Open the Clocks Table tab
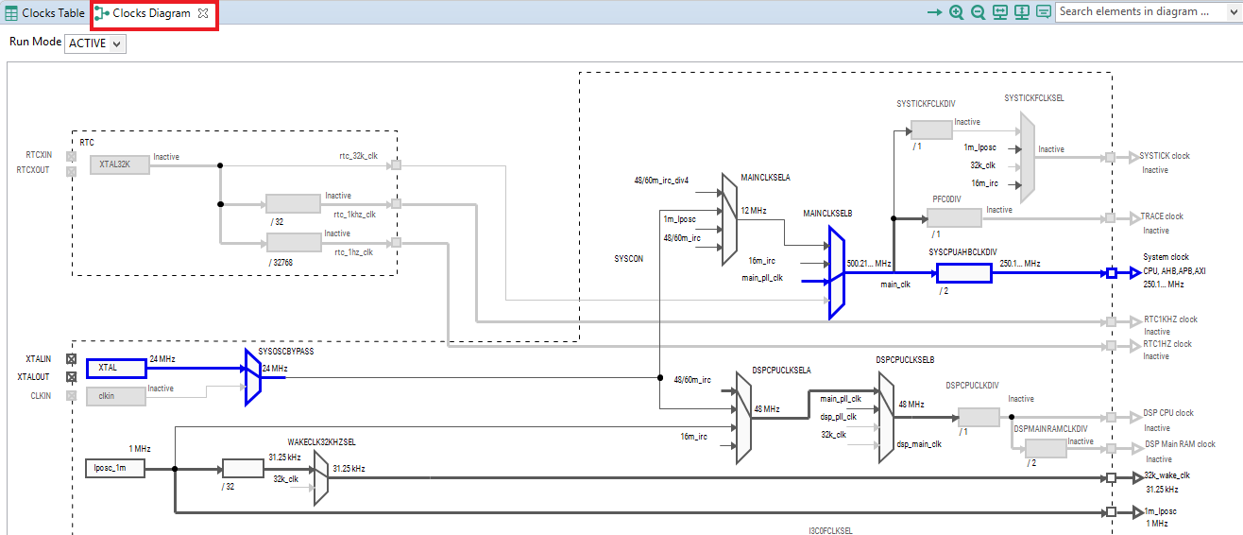tap(45, 13)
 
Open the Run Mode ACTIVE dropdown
tap(95, 43)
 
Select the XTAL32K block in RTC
tap(120, 164)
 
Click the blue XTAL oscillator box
tap(116, 368)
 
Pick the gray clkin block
tap(116, 396)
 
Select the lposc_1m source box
tap(113, 467)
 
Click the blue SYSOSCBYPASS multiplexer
tap(252, 376)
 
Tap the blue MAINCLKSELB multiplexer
tap(836, 272)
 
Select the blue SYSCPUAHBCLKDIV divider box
tap(963, 273)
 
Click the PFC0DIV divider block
tap(955, 217)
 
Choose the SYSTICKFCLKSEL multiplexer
tap(1028, 156)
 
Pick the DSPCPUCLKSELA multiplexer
tap(743, 416)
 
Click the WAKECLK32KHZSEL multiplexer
tap(321, 476)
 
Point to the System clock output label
tap(1166, 257)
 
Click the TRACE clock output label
tap(1161, 216)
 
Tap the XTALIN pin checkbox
tap(71, 359)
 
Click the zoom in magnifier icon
tap(957, 12)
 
